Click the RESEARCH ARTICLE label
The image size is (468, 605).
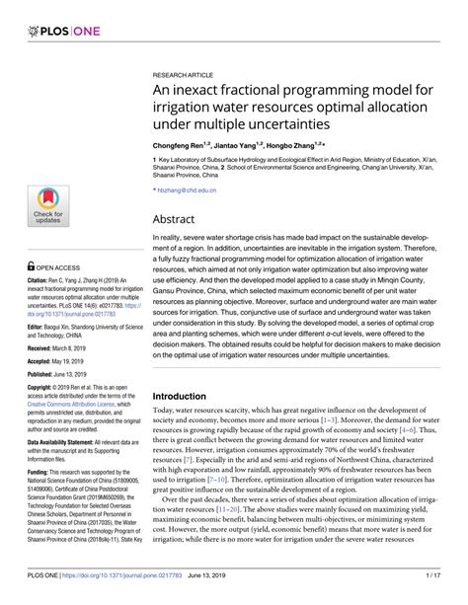[x=185, y=73]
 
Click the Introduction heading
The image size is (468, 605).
[x=187, y=396]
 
